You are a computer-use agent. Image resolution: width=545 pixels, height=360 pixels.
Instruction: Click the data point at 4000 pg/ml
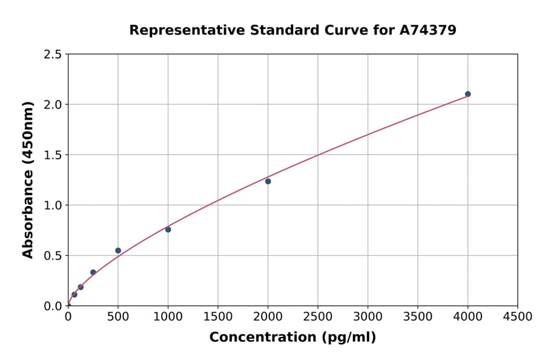[x=467, y=94]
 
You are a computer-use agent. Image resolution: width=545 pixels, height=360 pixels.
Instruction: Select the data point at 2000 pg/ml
[x=268, y=181]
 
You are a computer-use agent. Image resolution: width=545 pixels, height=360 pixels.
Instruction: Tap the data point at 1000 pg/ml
[x=168, y=229]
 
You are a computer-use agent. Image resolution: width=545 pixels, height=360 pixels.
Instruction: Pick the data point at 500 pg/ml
[x=118, y=250]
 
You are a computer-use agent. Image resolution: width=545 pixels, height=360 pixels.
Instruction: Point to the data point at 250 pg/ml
[x=93, y=272]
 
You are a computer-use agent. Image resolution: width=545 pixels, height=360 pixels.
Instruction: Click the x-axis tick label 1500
[x=218, y=316]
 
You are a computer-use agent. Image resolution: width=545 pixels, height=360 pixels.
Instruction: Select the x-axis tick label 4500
[x=517, y=316]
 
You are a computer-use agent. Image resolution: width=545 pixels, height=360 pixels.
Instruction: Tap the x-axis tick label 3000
[x=368, y=316]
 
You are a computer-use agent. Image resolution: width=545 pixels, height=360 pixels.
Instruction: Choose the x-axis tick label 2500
[x=318, y=316]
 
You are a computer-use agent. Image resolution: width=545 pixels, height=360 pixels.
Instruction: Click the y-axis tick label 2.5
[x=53, y=55]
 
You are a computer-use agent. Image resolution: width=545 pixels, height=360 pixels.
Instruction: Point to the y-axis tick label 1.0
[x=53, y=205]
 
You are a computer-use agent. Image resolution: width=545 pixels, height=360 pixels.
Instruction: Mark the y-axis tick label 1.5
[x=53, y=155]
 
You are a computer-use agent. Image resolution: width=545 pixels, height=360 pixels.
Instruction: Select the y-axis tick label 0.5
[x=53, y=255]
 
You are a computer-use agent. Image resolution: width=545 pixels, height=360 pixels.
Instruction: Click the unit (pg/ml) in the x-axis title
[x=348, y=338]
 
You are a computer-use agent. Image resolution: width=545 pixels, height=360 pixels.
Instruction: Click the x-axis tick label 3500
[x=418, y=316]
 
